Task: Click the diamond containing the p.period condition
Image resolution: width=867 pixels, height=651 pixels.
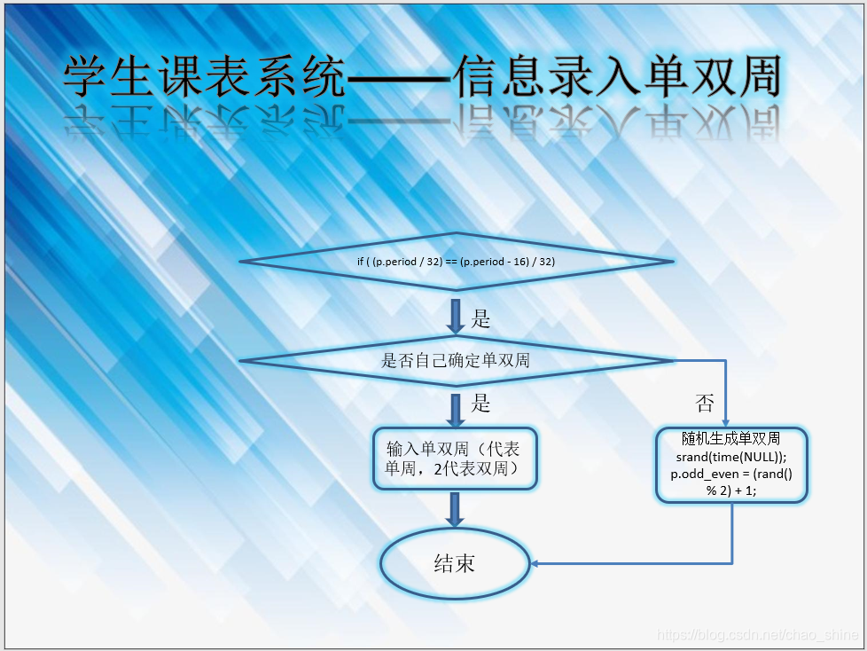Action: click(456, 262)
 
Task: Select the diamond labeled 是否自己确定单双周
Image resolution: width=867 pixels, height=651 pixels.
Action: click(456, 361)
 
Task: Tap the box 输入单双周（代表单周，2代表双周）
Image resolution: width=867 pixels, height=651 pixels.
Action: click(456, 459)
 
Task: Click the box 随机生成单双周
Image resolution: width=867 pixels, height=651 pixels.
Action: click(731, 465)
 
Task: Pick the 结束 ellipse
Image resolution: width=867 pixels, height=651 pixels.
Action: click(455, 563)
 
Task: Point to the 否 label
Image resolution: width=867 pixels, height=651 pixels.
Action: click(705, 404)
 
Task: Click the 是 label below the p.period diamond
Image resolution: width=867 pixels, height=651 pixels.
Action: click(480, 319)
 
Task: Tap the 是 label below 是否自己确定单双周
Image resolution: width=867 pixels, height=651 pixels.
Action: click(480, 404)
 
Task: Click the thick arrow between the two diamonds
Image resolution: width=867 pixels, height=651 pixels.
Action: click(456, 317)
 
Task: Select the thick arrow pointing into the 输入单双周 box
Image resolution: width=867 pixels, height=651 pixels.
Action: click(456, 410)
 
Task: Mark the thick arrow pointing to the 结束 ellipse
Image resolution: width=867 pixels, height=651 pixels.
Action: click(456, 511)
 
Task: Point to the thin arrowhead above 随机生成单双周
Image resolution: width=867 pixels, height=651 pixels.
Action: click(726, 422)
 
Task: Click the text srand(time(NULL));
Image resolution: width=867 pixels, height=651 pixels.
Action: click(731, 457)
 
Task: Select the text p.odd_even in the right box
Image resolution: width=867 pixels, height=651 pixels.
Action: click(699, 474)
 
